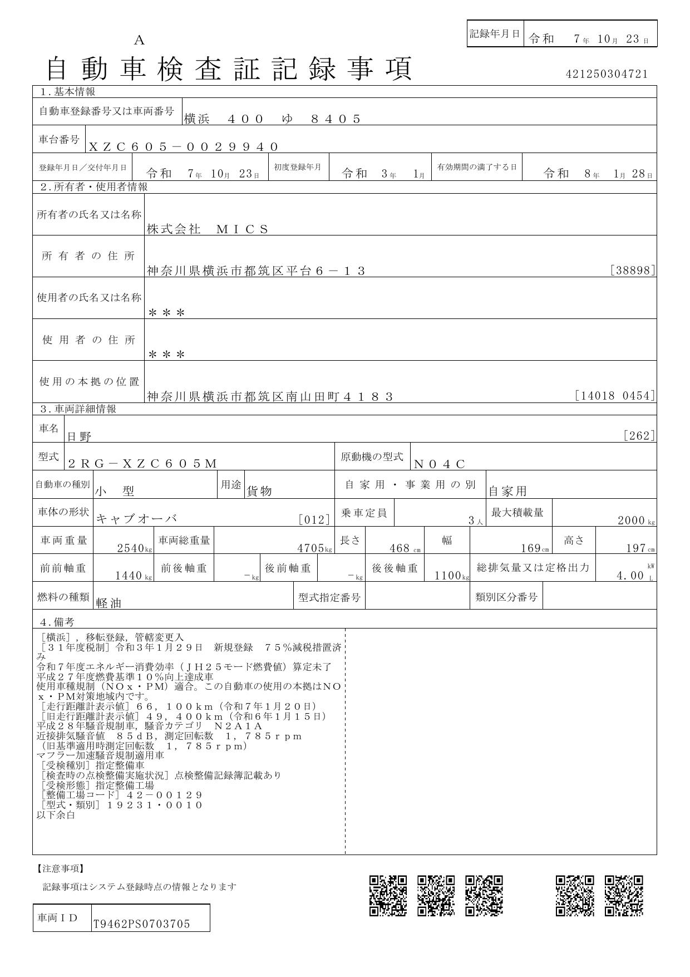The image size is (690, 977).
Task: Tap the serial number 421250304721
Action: [607, 74]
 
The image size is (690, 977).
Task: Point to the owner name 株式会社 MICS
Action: [208, 229]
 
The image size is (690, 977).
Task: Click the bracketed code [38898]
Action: [633, 271]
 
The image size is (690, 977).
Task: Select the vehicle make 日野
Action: [79, 437]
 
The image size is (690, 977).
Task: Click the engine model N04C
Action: [439, 464]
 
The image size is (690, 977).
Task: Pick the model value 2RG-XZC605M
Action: [142, 464]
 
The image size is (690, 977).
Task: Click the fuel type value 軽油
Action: [109, 603]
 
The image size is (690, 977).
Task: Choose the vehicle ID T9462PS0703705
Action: [141, 924]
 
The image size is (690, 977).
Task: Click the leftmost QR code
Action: [388, 895]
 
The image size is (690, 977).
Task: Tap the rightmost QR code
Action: [624, 895]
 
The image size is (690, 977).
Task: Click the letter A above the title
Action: [139, 40]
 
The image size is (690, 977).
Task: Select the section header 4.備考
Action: [57, 622]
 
